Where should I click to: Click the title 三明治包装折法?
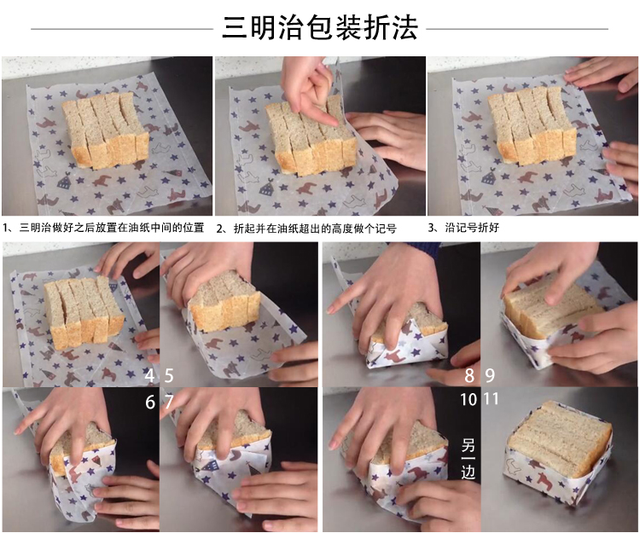[x=320, y=28]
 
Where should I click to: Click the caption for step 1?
[x=103, y=228]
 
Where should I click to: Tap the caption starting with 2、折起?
[x=306, y=229]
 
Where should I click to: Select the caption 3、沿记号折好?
[x=463, y=228]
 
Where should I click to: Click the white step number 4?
[x=150, y=375]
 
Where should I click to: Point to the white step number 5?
[x=169, y=375]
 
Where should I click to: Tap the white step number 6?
[x=150, y=402]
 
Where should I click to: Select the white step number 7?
[x=169, y=402]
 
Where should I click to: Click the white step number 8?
[x=469, y=375]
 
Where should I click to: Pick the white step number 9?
[x=490, y=375]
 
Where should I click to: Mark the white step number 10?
[x=468, y=399]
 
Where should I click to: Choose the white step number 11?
[x=491, y=399]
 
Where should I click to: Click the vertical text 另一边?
[x=468, y=458]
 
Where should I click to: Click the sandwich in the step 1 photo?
[x=105, y=130]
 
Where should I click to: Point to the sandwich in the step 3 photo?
[x=532, y=125]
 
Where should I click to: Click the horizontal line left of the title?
[x=122, y=29]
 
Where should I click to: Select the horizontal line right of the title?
[x=517, y=29]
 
